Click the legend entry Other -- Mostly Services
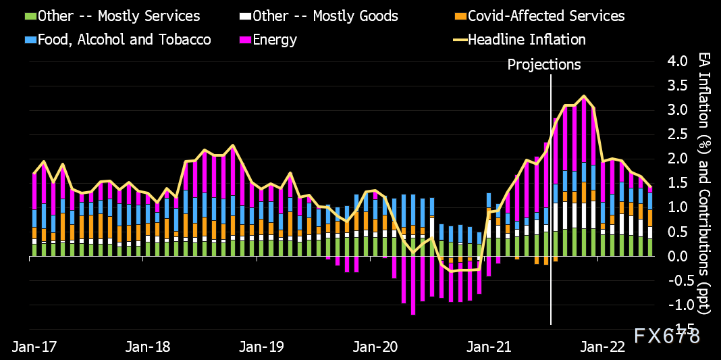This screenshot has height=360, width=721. (x=119, y=16)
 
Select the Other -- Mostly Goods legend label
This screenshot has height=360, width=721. (x=329, y=16)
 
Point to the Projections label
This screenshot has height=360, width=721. (x=543, y=65)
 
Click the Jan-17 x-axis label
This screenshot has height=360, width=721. (x=34, y=346)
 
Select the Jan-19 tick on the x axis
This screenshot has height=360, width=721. (x=263, y=346)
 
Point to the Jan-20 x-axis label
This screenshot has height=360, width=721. (x=377, y=346)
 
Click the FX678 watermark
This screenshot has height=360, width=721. (x=666, y=335)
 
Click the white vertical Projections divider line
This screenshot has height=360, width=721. (x=551, y=203)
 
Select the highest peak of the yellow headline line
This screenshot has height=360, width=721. (x=584, y=96)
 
